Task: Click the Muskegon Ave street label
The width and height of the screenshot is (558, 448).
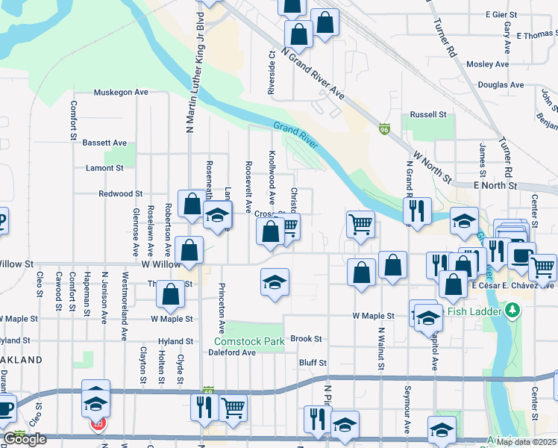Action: click(x=121, y=93)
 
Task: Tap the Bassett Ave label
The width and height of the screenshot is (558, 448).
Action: click(x=104, y=143)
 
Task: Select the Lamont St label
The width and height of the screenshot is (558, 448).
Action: click(x=104, y=168)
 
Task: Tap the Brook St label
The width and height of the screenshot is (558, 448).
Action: click(x=306, y=338)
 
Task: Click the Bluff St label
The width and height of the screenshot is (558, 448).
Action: click(x=313, y=363)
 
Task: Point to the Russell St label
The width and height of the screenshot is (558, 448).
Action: click(x=428, y=115)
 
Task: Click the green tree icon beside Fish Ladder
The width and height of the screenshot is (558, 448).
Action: click(x=511, y=309)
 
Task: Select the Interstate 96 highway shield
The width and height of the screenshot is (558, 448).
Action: click(x=384, y=128)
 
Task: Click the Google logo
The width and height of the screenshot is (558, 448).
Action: click(x=25, y=439)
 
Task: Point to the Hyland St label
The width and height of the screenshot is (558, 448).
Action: click(x=175, y=341)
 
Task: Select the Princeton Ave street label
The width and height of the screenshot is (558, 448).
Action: click(x=222, y=308)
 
